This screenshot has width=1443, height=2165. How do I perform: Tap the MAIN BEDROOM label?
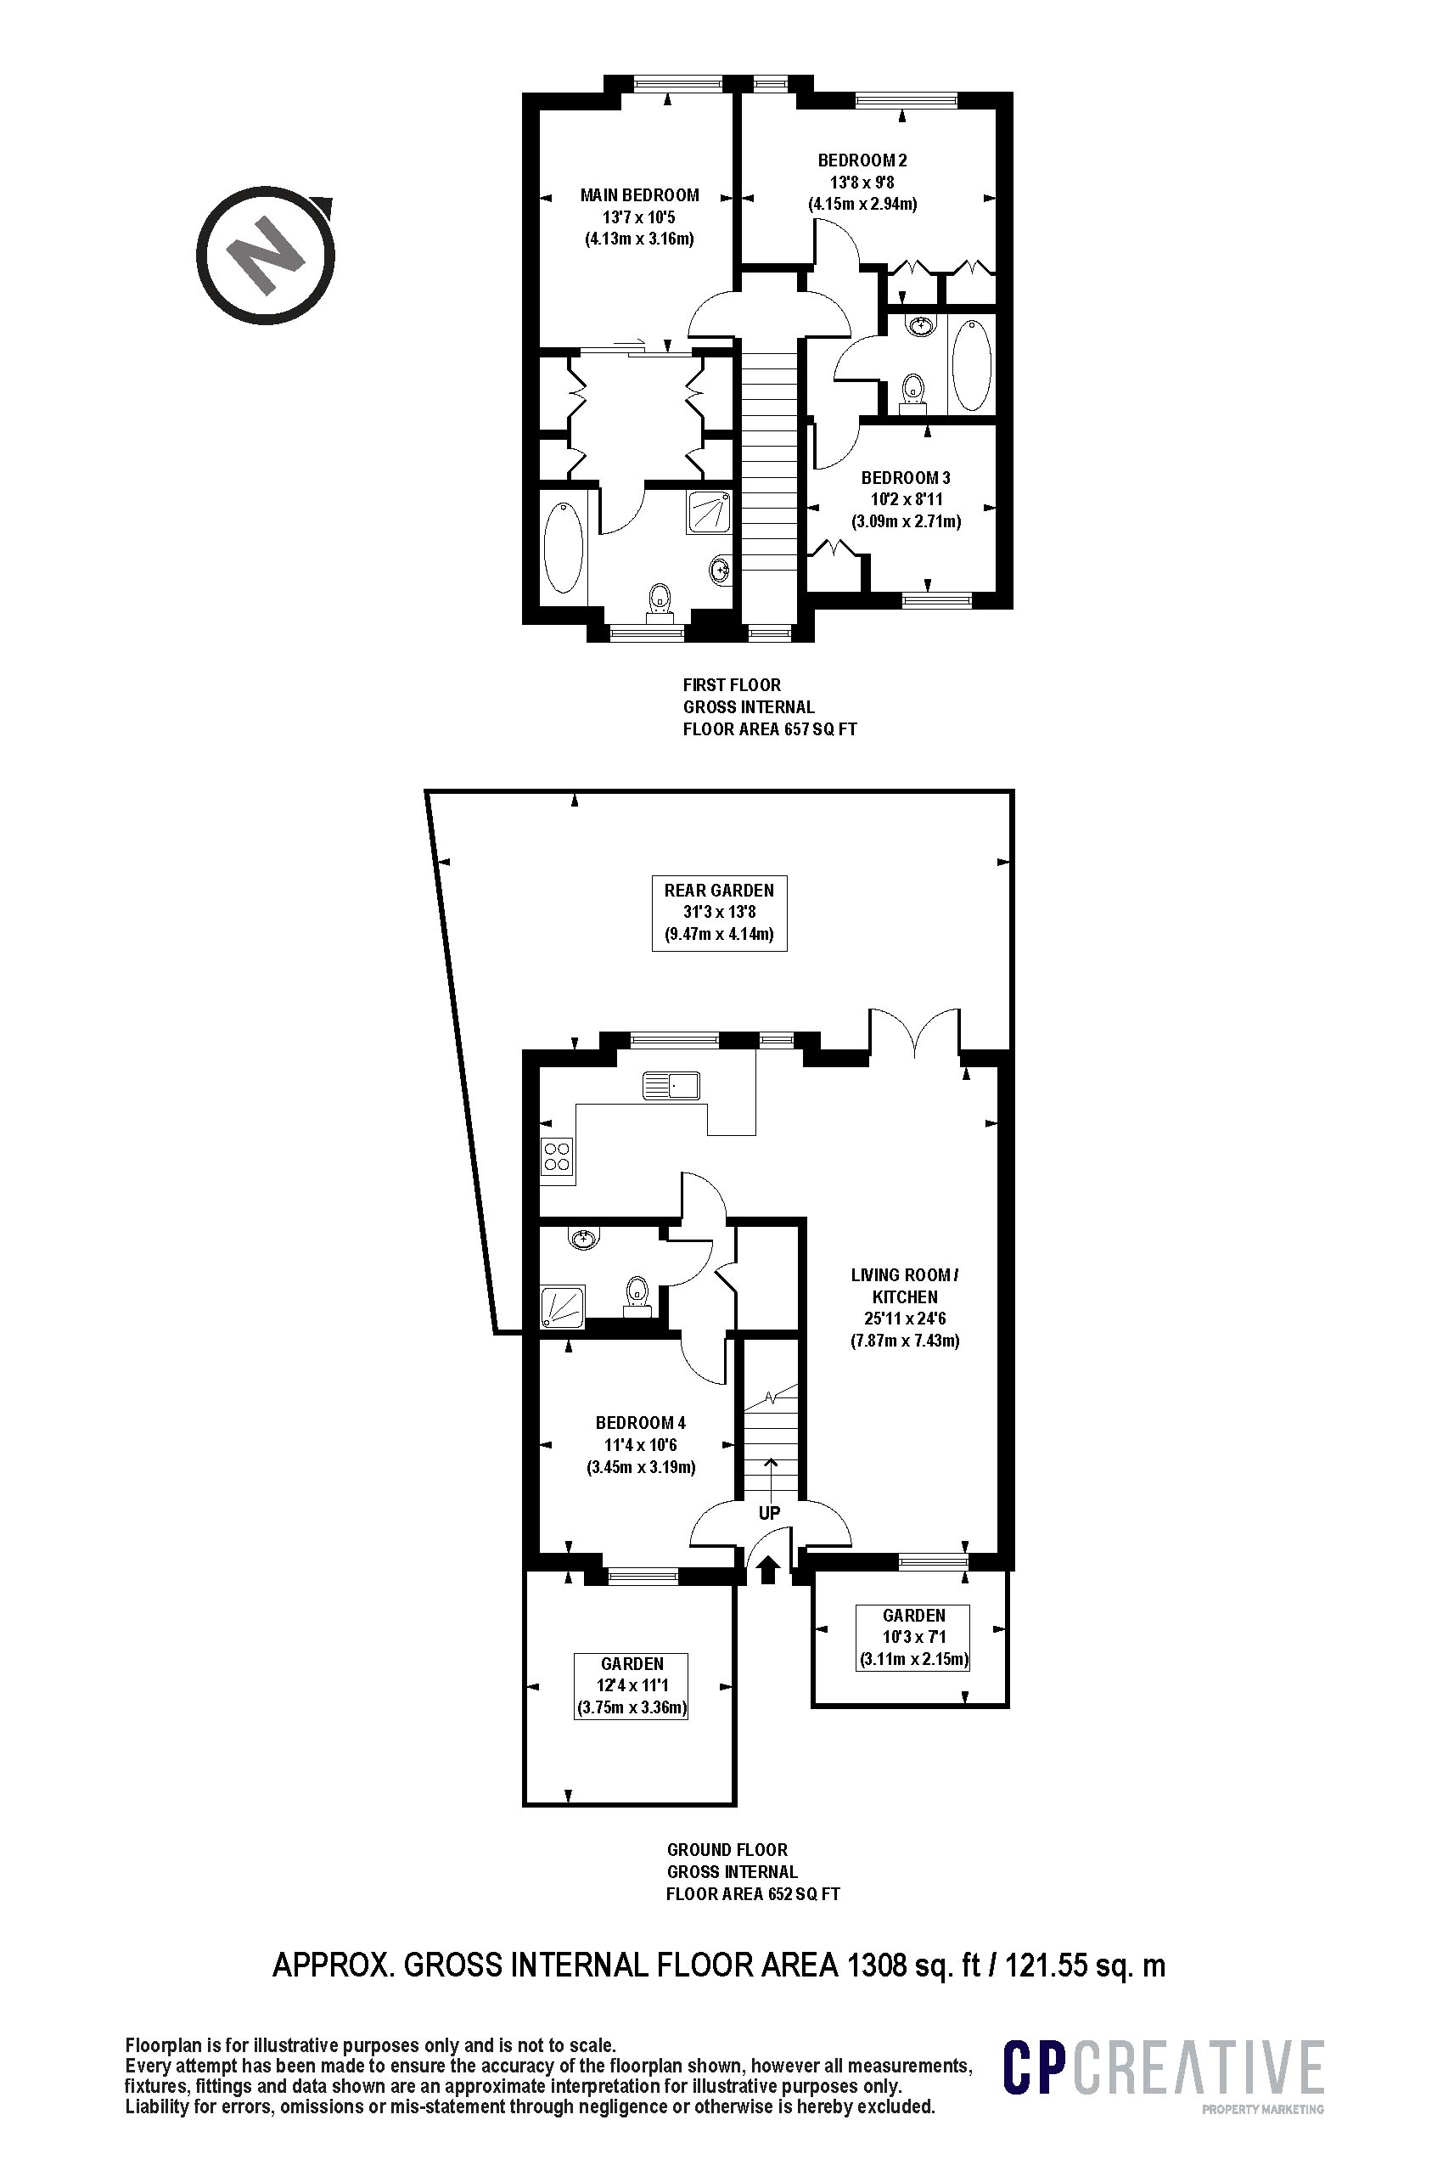[640, 217]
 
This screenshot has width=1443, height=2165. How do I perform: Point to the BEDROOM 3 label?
[906, 500]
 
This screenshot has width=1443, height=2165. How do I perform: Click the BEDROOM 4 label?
[641, 1445]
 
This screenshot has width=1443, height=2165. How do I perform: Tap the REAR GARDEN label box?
[720, 914]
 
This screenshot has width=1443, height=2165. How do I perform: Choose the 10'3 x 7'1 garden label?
[914, 1638]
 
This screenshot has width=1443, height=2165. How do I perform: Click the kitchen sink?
[671, 1085]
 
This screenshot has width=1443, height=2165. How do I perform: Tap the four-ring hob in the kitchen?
[558, 1156]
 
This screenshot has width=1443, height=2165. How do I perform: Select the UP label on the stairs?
[769, 1512]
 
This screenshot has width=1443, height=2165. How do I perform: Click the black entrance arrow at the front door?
[769, 1571]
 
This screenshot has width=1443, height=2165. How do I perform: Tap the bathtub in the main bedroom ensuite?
[564, 548]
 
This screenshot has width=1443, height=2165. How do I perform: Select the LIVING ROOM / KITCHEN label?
[905, 1307]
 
